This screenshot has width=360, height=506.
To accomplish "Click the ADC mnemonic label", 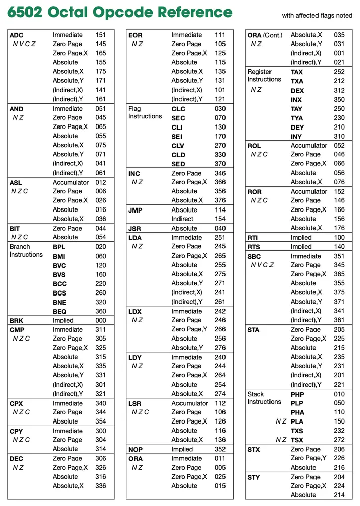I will [16, 35].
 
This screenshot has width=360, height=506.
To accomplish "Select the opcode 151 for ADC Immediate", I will [101, 35].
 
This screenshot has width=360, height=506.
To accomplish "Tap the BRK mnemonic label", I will [17, 321].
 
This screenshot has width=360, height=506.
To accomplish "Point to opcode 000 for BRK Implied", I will [101, 321].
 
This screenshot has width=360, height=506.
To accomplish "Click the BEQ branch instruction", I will [59, 312].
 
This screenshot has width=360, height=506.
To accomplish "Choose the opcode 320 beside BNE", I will [101, 302].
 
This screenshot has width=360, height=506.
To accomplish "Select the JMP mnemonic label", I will [135, 210].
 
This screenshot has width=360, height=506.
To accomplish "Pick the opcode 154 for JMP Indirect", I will [220, 219].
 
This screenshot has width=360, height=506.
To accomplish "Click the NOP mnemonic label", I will [136, 449].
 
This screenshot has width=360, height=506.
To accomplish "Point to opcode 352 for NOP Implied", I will [220, 449].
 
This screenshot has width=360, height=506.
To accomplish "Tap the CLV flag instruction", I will [178, 146].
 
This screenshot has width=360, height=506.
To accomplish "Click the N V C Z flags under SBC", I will [262, 265].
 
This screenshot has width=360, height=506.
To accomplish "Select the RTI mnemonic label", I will [253, 238].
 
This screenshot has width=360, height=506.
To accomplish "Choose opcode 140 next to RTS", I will [339, 247].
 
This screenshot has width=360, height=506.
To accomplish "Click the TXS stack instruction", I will [297, 431].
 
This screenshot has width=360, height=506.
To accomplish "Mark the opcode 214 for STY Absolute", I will [339, 495].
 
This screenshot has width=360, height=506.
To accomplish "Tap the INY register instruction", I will [296, 137].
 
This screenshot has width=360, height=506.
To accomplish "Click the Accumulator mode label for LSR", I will [190, 403].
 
